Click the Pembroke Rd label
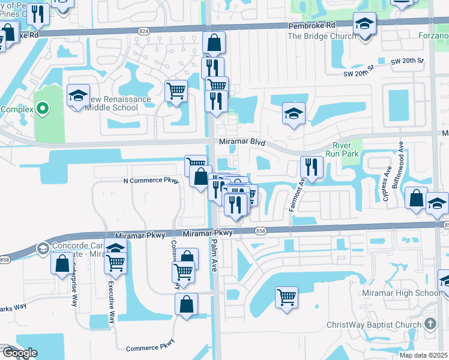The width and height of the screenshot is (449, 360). [x=312, y=27]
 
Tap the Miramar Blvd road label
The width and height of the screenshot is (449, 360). [x=242, y=142]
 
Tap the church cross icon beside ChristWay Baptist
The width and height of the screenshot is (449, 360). [x=430, y=324]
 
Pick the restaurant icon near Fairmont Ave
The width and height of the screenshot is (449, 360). [x=310, y=167]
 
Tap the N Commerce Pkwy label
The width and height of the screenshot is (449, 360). [x=151, y=180]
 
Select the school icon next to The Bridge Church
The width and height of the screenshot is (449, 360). [x=364, y=24]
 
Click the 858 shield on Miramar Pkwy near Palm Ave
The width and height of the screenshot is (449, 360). [x=260, y=231]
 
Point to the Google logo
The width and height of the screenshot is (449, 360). [x=19, y=353]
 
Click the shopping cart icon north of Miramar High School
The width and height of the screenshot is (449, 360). [x=287, y=296]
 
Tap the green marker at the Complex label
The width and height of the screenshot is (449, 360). [x=42, y=109]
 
